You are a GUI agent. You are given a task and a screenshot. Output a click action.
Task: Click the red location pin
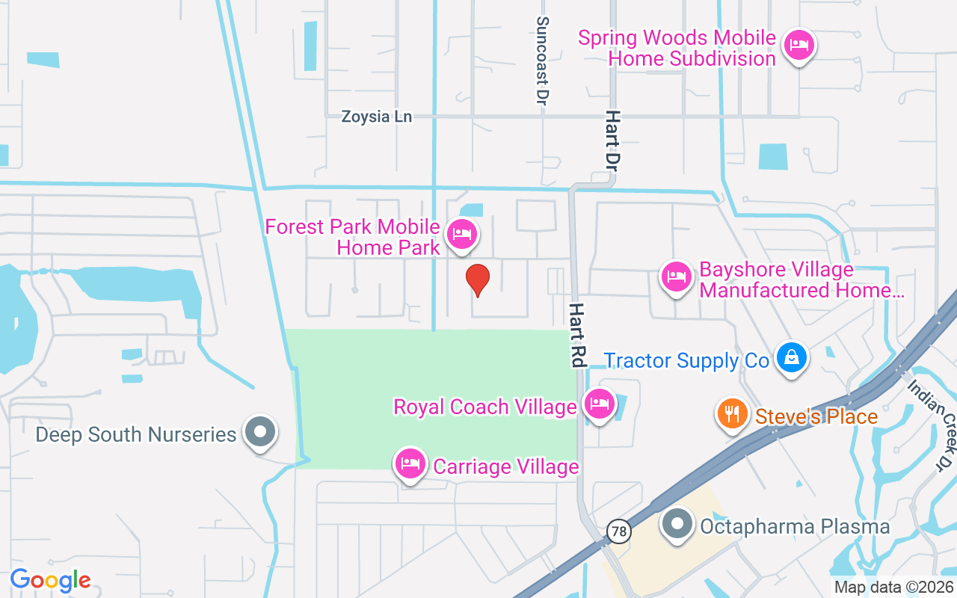coord(478,280)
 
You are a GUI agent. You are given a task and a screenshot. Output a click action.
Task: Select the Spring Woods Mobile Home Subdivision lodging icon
coord(799,46)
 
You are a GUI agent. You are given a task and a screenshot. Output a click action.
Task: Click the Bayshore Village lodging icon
coord(677,277)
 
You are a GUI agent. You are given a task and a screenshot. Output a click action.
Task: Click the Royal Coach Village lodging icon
coord(599,404)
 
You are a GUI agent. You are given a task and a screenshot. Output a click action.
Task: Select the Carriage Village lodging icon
coord(410,463)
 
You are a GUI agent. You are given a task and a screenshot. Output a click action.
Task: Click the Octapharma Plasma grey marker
coord(677,523)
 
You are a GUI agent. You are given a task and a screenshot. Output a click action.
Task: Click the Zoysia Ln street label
coord(377,117)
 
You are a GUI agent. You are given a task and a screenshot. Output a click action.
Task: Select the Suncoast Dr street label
coord(543,61)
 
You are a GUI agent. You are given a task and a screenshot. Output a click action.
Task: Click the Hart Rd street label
coord(576,334)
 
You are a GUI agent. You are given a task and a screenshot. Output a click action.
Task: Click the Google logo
coord(51,580)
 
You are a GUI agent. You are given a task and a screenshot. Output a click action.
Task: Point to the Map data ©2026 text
coord(894,588)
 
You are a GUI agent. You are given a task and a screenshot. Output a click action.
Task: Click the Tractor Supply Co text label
coord(686,361)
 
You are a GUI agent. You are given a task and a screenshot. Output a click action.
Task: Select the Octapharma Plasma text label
coord(795,526)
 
